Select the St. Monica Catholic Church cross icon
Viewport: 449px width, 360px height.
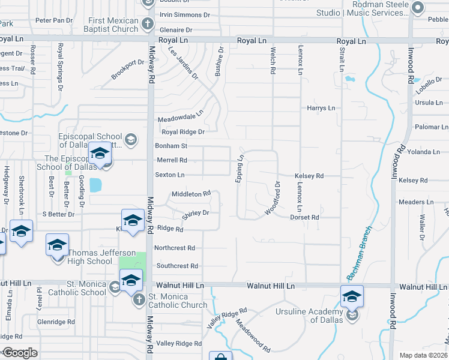tap(139, 299)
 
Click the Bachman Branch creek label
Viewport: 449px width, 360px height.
tap(360, 253)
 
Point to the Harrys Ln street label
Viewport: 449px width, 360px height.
tap(321, 108)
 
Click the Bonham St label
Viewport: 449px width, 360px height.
tap(172, 146)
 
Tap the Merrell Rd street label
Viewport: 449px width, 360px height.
tap(172, 160)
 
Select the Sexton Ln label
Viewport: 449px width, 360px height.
tap(170, 175)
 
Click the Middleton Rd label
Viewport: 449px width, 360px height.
tap(191, 194)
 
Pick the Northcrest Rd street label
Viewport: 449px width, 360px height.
tap(175, 248)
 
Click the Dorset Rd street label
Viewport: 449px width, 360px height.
tap(304, 217)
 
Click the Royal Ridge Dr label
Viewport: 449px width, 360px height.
tap(182, 132)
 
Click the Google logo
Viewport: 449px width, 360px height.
tap(19, 353)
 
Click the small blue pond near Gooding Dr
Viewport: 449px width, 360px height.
tap(95, 185)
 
